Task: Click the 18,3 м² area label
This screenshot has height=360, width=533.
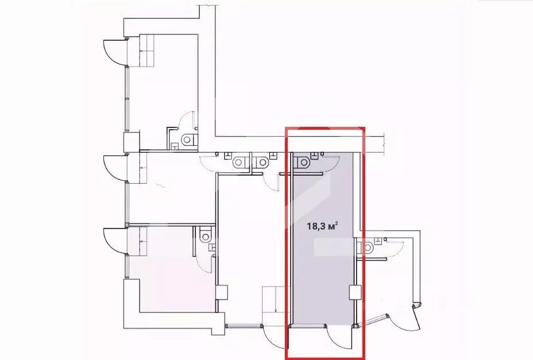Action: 321,226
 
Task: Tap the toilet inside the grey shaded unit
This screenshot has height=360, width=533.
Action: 303,162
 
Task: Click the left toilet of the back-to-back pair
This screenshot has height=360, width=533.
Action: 239,162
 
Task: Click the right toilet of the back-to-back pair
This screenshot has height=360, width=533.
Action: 261,162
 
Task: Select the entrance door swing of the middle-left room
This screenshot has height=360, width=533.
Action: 113,168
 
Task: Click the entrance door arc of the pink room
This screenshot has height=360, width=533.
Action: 113,241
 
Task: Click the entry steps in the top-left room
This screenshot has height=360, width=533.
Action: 151,51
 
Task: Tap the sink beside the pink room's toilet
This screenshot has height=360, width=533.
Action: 214,249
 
